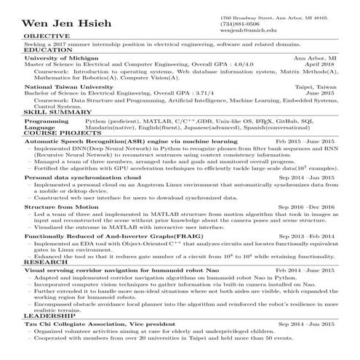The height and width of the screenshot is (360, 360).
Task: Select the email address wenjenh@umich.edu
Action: tap(248, 31)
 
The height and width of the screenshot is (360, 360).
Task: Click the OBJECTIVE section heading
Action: tap(47, 36)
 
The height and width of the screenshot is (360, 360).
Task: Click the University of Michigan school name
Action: tap(60, 57)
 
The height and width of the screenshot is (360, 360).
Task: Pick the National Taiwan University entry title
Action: tap(68, 87)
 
